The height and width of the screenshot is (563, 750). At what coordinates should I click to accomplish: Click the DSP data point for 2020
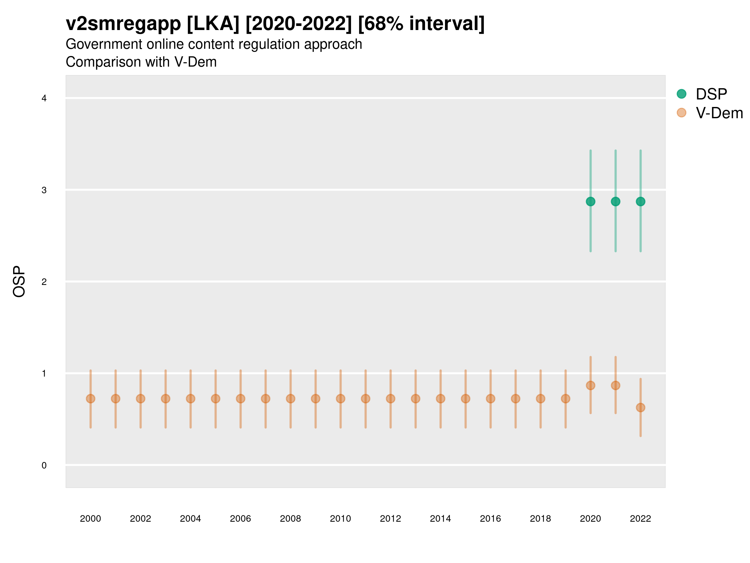590,201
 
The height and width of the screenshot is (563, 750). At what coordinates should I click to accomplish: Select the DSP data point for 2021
615,201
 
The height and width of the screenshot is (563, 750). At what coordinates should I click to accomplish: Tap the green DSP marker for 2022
641,201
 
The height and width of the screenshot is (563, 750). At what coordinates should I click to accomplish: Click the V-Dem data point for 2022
641,408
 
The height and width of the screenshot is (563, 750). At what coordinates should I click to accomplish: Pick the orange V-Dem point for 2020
590,386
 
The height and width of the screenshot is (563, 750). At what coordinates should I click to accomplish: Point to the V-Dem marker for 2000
91,399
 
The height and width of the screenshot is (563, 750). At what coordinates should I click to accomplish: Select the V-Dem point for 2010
340,399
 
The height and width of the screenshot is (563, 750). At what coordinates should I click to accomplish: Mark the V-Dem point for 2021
615,386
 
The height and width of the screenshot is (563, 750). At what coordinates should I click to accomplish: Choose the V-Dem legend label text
719,113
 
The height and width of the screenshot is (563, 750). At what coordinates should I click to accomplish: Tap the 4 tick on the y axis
44,99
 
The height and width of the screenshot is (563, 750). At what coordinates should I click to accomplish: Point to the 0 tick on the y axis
44,466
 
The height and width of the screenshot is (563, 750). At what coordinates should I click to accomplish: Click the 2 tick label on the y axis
44,282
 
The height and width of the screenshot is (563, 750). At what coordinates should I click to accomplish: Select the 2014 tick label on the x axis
440,519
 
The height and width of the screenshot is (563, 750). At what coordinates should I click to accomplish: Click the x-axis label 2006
240,519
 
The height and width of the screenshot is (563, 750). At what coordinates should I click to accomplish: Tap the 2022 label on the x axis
641,519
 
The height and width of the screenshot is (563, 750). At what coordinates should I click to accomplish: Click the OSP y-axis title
19,282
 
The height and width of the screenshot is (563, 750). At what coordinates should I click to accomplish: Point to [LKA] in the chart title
213,24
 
